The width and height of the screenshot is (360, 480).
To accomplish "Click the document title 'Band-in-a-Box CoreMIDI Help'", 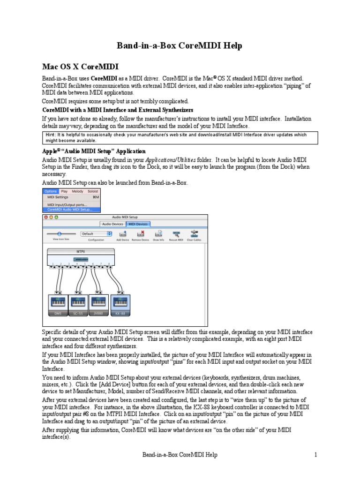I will (x=180, y=46).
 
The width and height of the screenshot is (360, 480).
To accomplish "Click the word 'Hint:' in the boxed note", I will (x=52, y=135).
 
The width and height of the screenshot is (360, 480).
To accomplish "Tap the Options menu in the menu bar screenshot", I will (x=51, y=191).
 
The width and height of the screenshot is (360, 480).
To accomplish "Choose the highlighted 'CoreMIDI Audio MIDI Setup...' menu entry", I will (x=69, y=210).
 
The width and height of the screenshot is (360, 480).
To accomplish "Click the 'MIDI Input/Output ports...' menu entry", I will (x=67, y=205).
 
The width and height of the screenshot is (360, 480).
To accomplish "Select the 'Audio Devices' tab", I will (x=113, y=225).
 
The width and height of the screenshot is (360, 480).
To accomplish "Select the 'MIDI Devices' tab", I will (x=138, y=225).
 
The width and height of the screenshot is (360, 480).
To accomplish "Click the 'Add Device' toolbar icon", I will (x=123, y=234).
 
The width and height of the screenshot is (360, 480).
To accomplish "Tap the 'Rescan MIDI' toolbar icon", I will (x=176, y=234).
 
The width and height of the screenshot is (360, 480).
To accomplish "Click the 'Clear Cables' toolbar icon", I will (x=194, y=234).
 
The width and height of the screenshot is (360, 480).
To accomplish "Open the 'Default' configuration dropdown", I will (x=96, y=233).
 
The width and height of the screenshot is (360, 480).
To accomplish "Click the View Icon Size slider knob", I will (x=60, y=233).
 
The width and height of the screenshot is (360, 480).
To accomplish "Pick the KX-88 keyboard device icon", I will (x=120, y=304).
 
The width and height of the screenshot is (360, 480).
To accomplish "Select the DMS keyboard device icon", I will (x=58, y=304).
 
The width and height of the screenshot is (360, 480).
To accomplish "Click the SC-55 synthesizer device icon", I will (x=78, y=304).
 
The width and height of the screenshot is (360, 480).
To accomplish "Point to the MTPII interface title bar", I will (x=81, y=252).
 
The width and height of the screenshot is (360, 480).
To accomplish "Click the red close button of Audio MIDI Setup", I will (x=46, y=217).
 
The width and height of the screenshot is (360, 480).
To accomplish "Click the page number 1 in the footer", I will (x=316, y=455).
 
